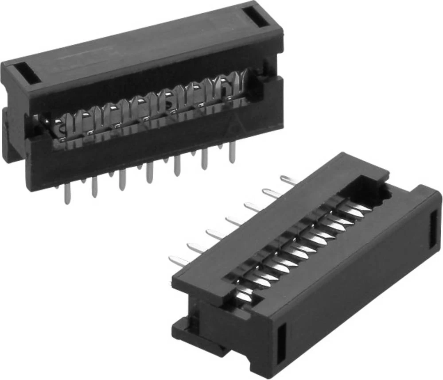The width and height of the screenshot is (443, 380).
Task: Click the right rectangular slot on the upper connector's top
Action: pos(257,17)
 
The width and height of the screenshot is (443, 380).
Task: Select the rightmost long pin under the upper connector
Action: pos(232,153)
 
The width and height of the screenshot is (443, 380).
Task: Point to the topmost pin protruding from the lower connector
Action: pos(288,180)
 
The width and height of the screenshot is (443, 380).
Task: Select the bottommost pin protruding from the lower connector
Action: pos(179,261)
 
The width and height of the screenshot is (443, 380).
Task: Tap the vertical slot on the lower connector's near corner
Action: pos(281,343)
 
